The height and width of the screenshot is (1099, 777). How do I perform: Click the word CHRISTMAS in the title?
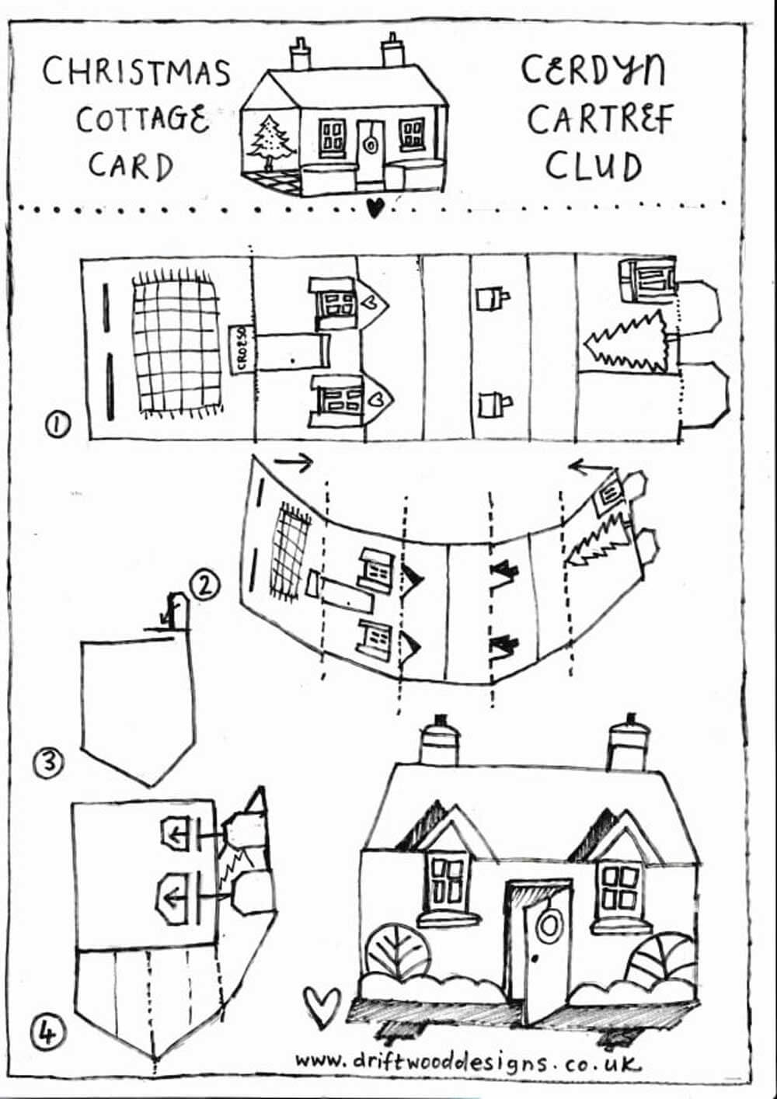(136, 72)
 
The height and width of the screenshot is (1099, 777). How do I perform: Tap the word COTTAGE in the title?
(142, 120)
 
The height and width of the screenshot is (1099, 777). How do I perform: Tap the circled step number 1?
(58, 424)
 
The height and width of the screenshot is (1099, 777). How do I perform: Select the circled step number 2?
(204, 586)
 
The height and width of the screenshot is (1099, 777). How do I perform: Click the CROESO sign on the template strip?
(242, 350)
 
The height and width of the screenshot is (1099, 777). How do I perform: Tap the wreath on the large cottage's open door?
(547, 924)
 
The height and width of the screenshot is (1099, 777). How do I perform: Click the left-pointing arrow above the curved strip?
(592, 467)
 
